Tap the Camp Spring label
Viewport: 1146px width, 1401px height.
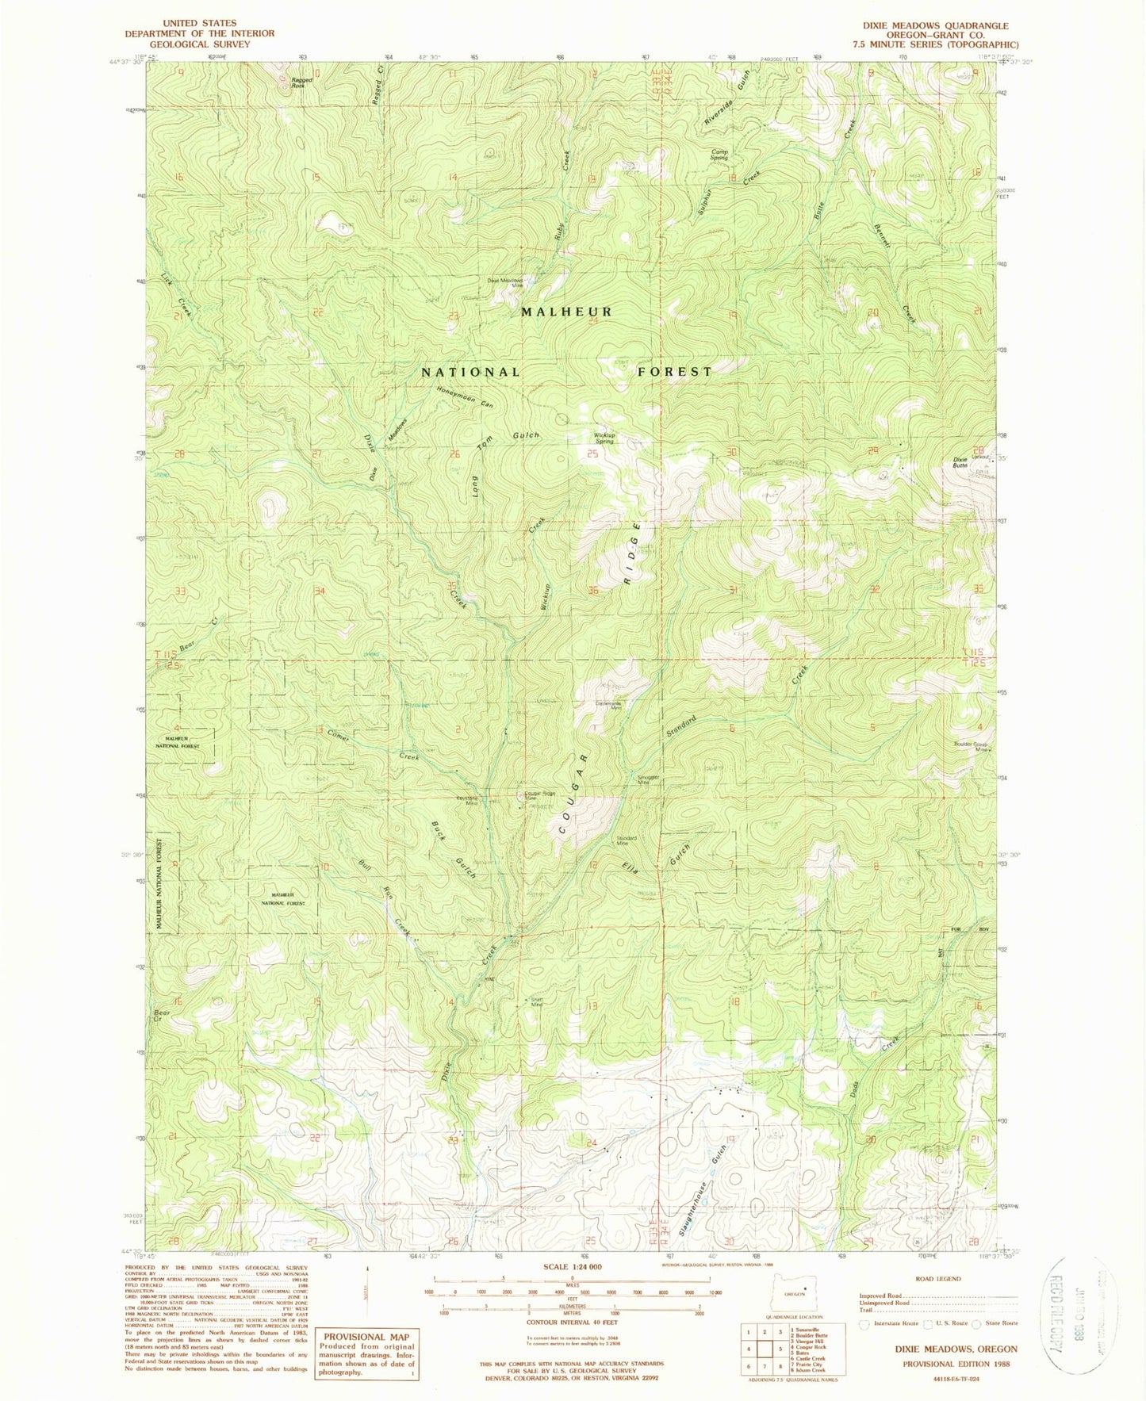pyautogui.click(x=719, y=155)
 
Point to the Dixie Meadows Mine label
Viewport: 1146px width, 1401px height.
pyautogui.click(x=504, y=283)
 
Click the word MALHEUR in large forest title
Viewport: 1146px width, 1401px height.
pyautogui.click(x=567, y=312)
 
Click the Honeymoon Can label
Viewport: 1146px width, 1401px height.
pyautogui.click(x=466, y=396)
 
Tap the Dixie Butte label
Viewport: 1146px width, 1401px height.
pyautogui.click(x=960, y=462)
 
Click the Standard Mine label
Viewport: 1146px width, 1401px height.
pyautogui.click(x=627, y=840)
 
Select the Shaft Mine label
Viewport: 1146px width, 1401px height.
pyautogui.click(x=537, y=1002)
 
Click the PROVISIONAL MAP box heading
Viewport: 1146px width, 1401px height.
pyautogui.click(x=366, y=1336)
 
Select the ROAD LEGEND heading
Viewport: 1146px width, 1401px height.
pyautogui.click(x=937, y=1278)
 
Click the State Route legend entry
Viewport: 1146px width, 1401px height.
pyautogui.click(x=1001, y=1323)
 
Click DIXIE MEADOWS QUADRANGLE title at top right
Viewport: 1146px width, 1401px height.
pyautogui.click(x=940, y=25)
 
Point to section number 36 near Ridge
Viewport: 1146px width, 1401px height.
pyautogui.click(x=592, y=591)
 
